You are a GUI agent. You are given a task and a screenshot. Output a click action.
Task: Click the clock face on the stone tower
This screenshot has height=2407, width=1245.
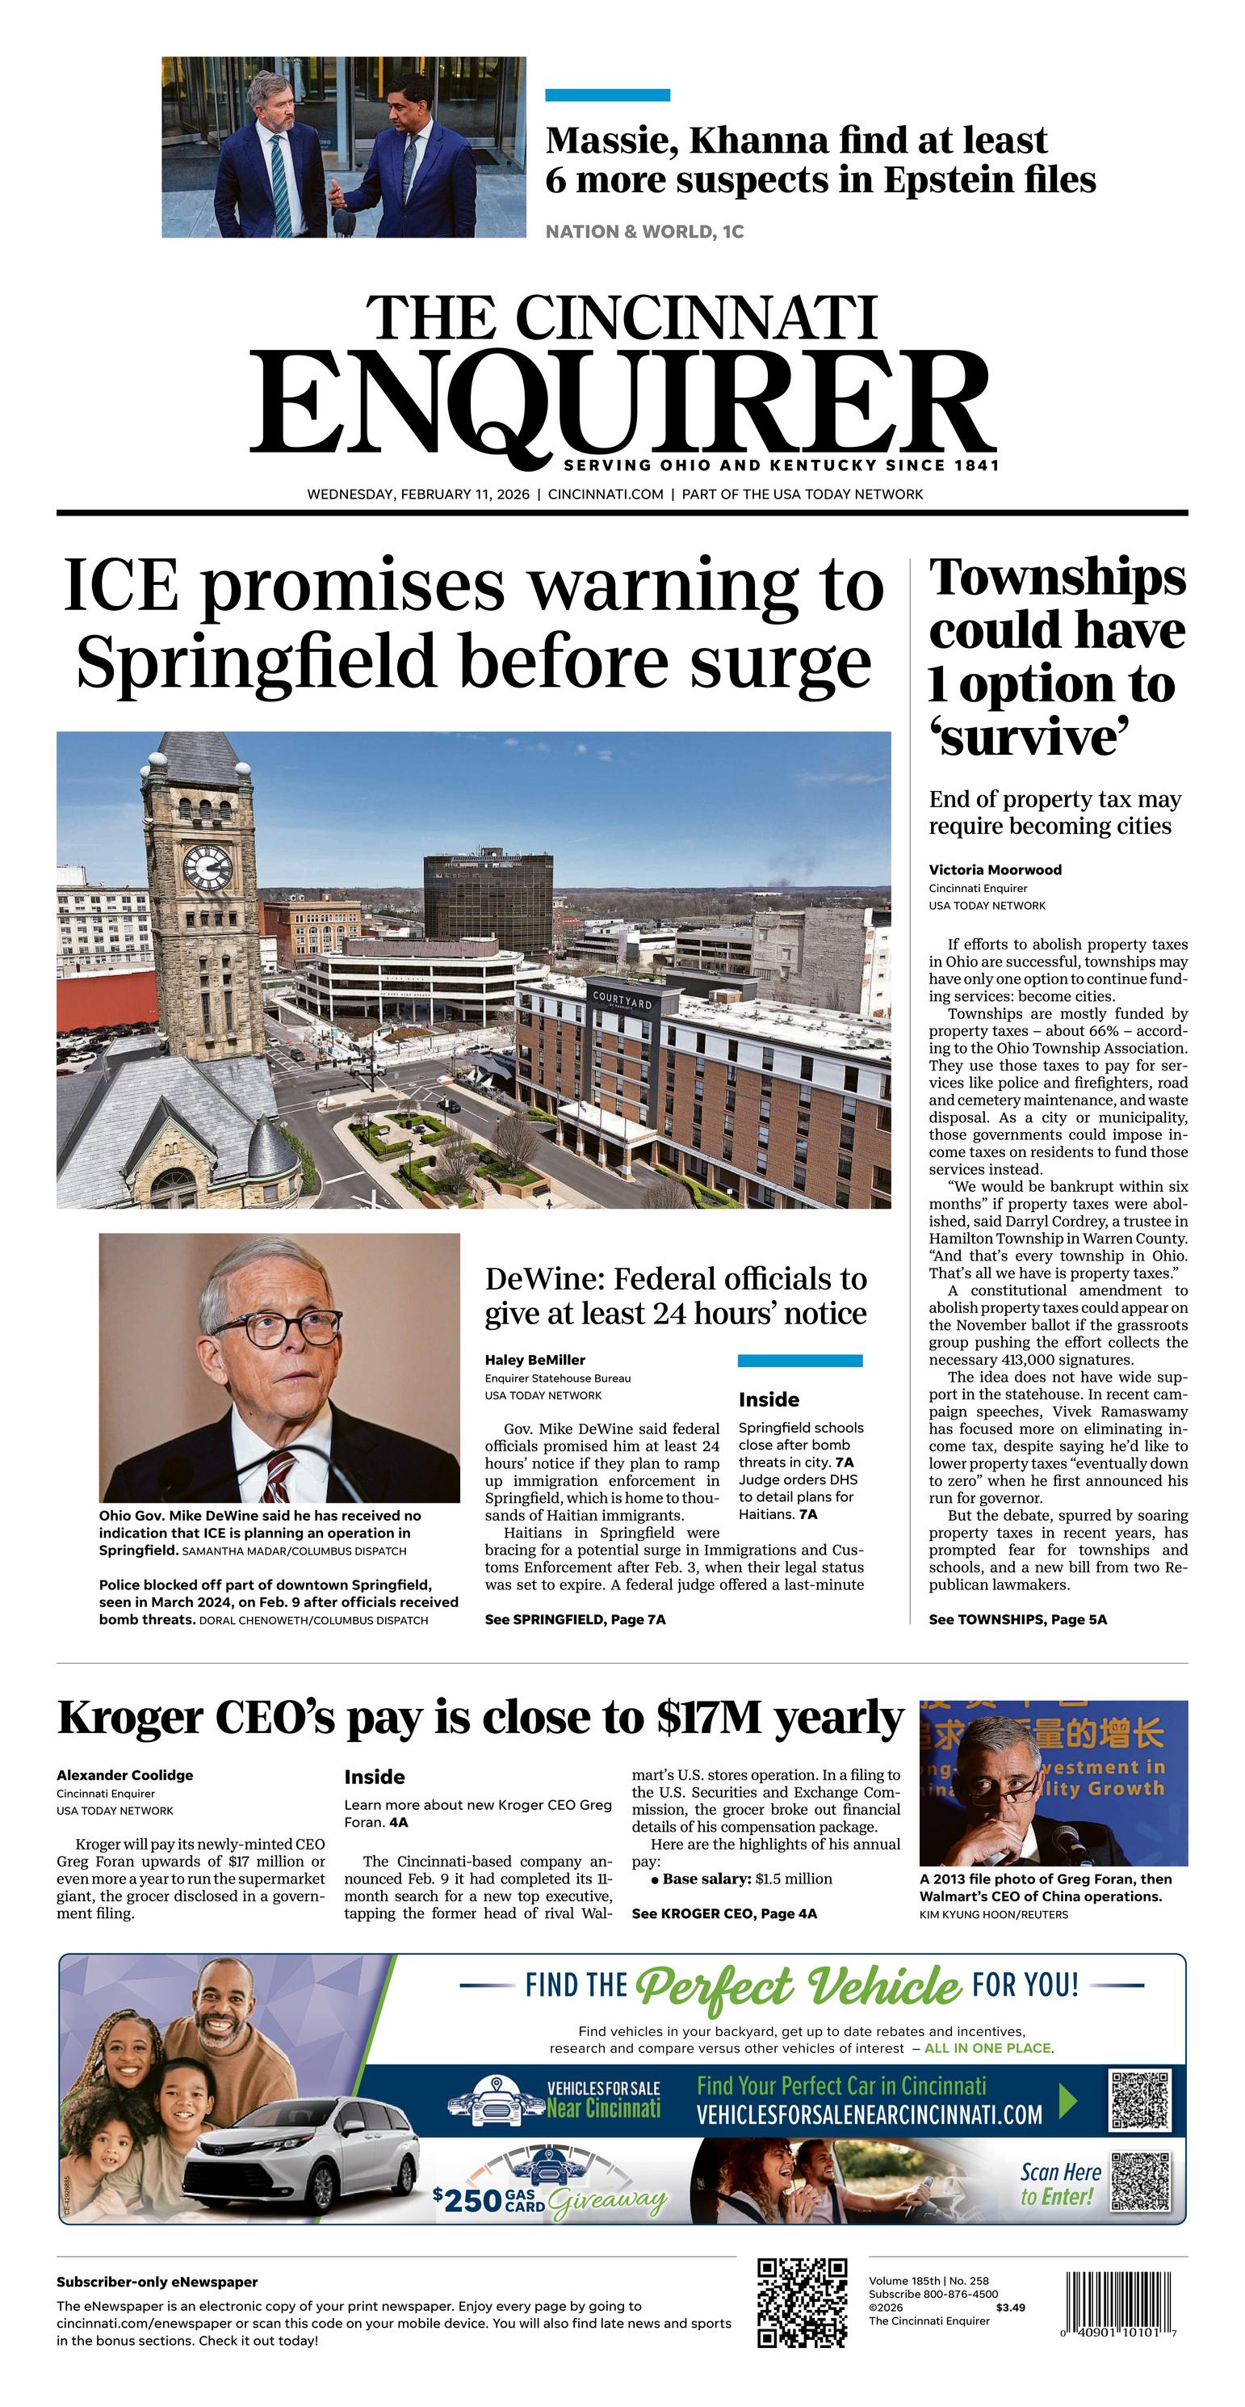207,866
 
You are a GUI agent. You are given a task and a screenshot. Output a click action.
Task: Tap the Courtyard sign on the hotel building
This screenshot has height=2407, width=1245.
622,1002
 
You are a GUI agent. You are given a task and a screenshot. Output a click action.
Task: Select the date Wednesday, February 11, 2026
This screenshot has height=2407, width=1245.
417,494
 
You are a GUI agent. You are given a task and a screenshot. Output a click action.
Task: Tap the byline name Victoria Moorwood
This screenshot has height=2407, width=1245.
995,870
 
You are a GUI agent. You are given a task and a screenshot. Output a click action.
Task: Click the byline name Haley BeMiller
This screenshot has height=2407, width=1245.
534,1361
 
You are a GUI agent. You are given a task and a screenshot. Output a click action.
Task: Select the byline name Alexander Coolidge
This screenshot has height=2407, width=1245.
124,1775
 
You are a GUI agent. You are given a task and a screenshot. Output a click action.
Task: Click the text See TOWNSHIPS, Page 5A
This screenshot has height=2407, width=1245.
1017,1619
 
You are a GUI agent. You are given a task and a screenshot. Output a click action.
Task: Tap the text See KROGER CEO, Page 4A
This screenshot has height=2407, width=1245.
724,1913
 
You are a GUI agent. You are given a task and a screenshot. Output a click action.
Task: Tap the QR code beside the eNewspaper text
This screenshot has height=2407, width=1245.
803,2304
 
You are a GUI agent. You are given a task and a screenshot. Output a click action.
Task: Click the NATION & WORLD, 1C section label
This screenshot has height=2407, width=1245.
644,232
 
